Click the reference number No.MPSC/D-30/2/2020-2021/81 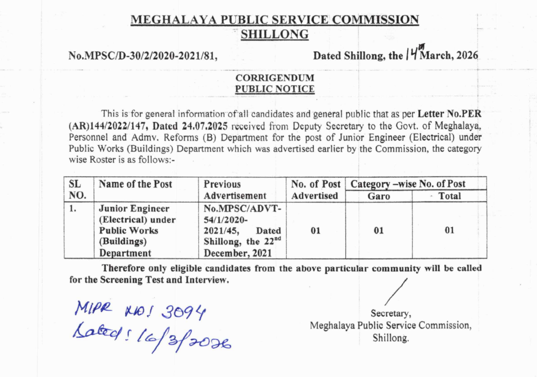pos(142,56)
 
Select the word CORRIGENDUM pos(275,78)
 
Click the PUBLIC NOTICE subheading pos(275,89)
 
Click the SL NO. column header pos(78,189)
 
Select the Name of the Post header pos(135,184)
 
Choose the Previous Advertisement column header pos(235,189)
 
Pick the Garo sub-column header pos(378,196)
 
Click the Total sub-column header pos(449,196)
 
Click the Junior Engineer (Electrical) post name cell pos(137,231)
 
